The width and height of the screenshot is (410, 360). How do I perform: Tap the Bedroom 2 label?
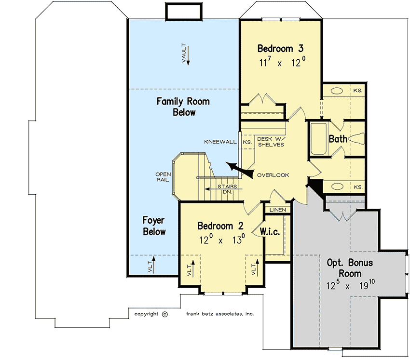point(220,226)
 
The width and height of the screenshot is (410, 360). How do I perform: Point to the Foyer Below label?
point(154,226)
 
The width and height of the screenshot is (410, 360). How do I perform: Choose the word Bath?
point(338,139)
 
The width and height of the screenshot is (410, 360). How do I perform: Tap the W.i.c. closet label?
point(270,232)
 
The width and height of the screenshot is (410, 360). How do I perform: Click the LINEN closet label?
point(278,210)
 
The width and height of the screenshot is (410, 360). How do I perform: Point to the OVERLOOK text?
point(273,175)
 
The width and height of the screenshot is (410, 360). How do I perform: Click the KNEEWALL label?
point(219,142)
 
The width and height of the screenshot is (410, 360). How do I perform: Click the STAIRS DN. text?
point(225,189)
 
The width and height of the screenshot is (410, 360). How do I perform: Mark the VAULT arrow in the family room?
point(187,55)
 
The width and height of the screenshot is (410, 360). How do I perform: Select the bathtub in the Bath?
point(318,140)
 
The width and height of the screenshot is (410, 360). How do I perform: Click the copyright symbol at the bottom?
point(164,314)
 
